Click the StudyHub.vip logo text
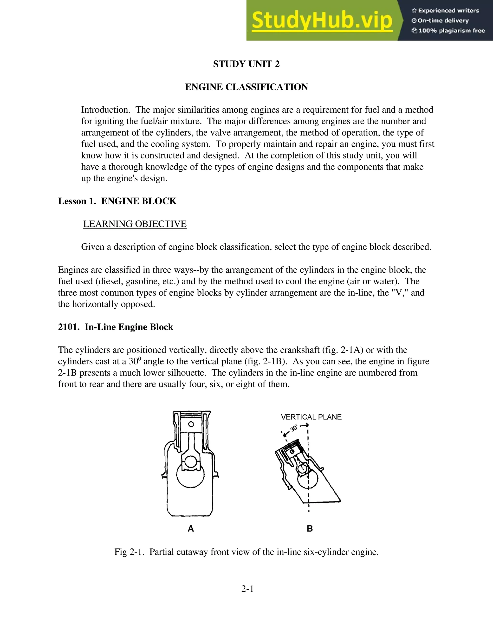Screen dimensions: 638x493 [x=322, y=20]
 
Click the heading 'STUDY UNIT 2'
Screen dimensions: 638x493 [x=246, y=64]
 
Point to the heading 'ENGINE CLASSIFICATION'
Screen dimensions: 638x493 [x=246, y=87]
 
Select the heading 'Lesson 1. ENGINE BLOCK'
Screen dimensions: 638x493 [x=117, y=201]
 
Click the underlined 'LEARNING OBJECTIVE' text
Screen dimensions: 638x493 [x=135, y=224]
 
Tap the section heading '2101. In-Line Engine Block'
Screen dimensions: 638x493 [x=115, y=327]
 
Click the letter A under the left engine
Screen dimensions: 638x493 [x=190, y=528]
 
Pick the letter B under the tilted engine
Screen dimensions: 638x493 [x=310, y=528]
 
